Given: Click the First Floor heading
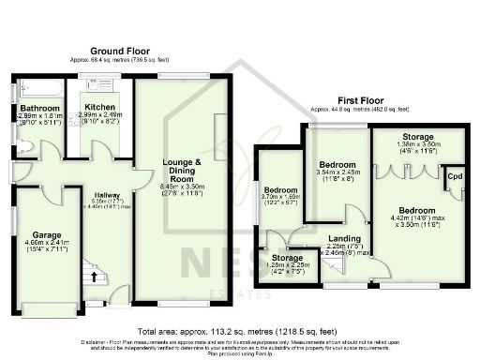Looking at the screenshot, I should click(360, 98).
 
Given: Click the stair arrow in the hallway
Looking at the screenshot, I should click(93, 273).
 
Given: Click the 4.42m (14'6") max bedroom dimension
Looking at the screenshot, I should click(416, 217).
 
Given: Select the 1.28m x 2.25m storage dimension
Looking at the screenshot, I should click(288, 265).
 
